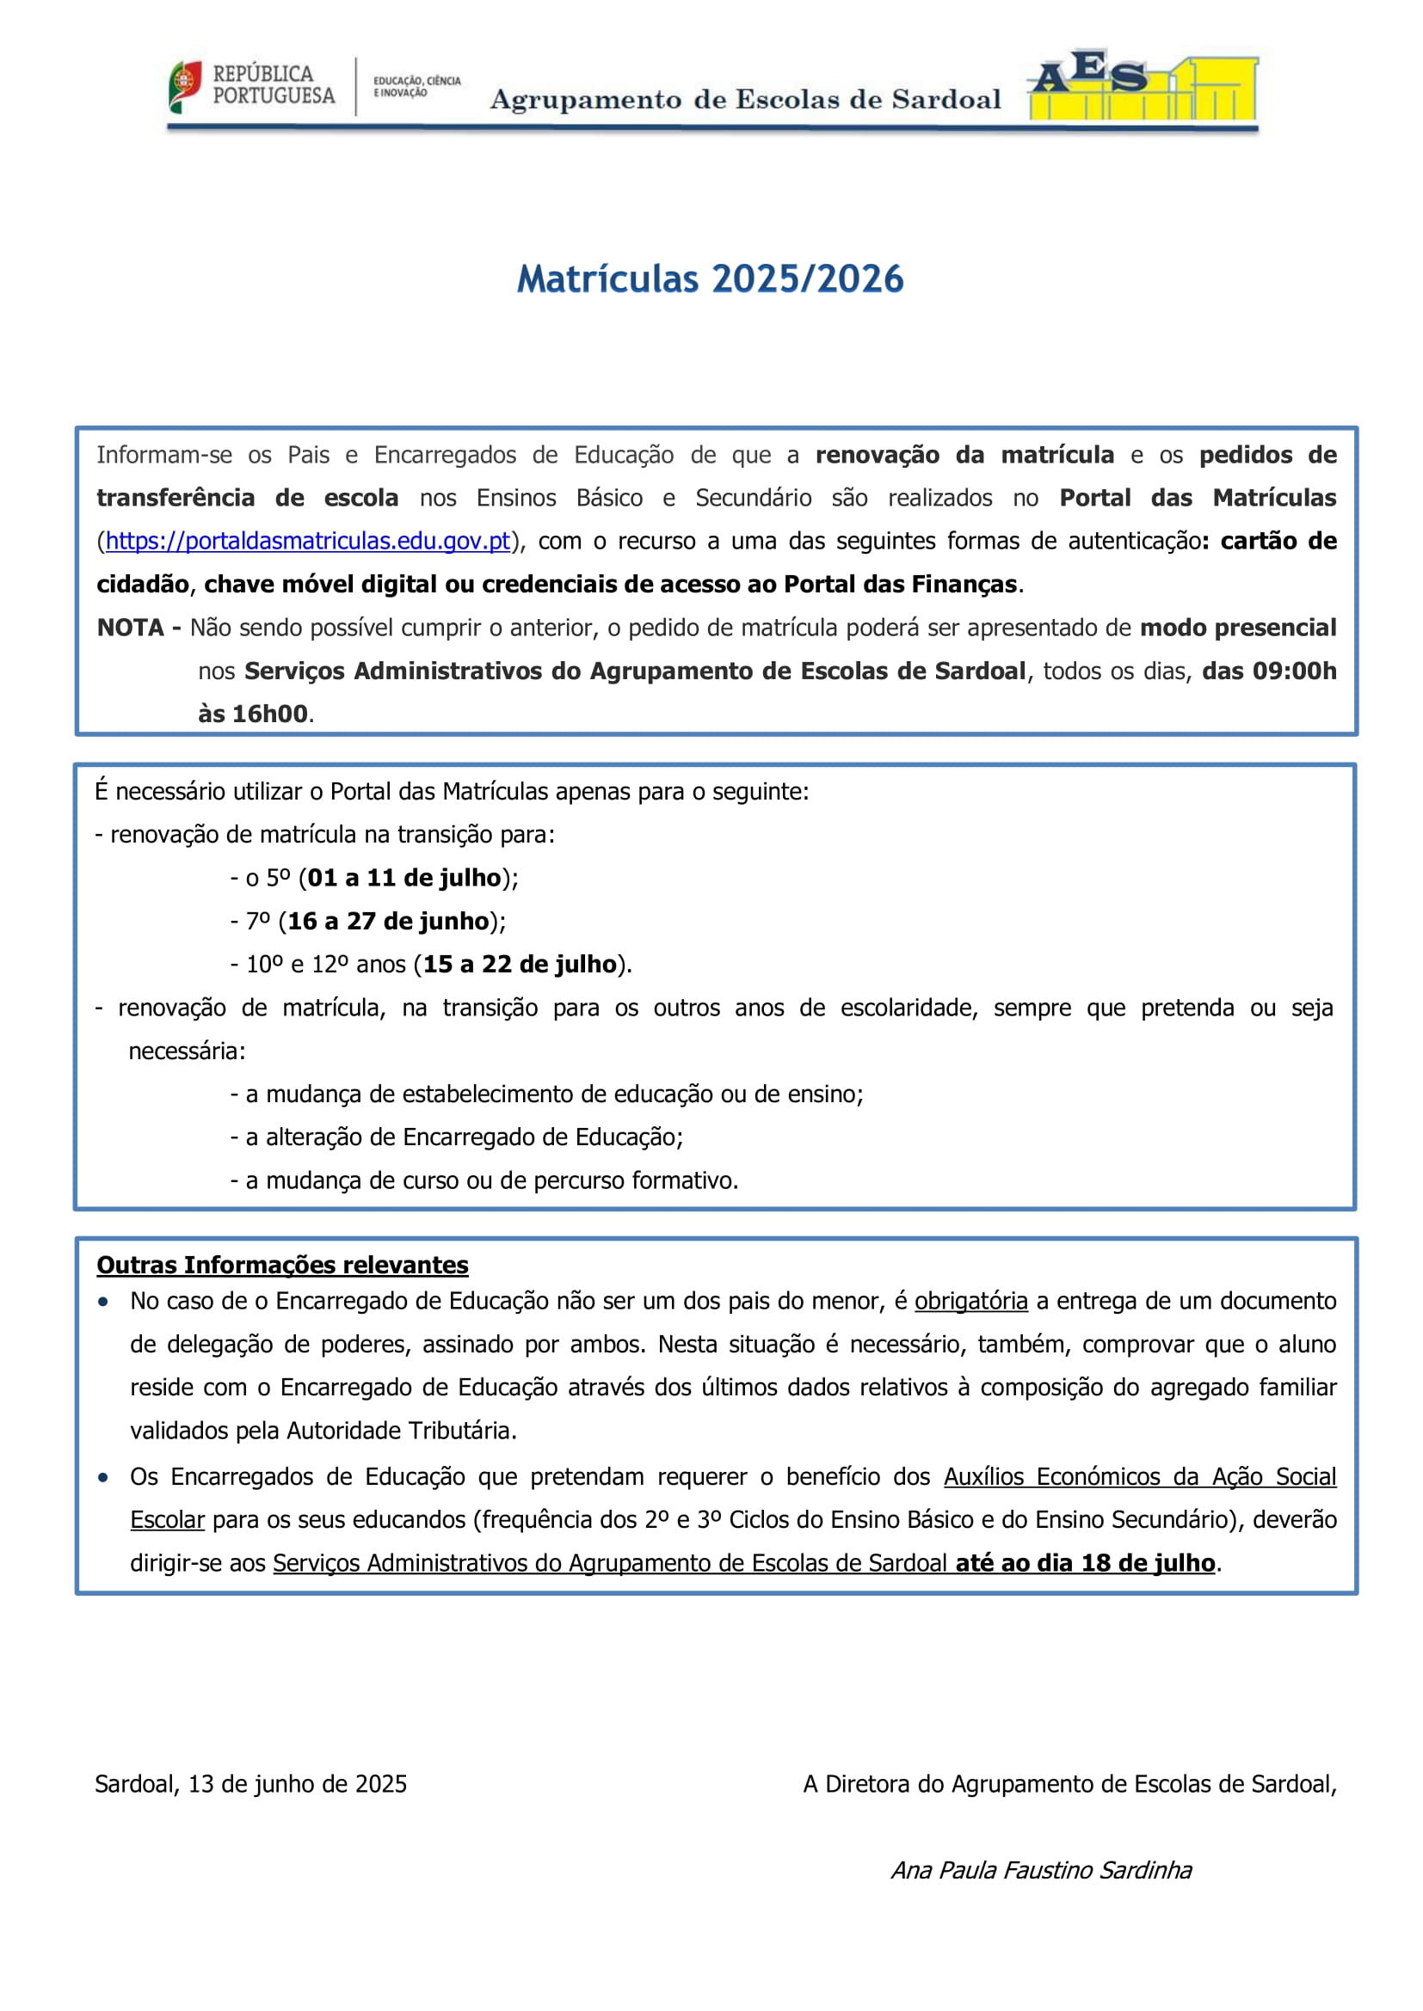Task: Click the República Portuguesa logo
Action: pyautogui.click(x=252, y=86)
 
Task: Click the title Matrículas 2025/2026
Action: pyautogui.click(x=710, y=279)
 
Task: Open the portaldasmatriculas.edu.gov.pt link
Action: pyautogui.click(x=307, y=542)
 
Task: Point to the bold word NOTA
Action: pyautogui.click(x=130, y=628)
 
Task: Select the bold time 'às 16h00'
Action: pyautogui.click(x=252, y=714)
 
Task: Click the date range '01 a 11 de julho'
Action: pyautogui.click(x=404, y=879)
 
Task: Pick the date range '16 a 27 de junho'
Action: pyautogui.click(x=388, y=922)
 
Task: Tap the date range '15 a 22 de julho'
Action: pyautogui.click(x=520, y=965)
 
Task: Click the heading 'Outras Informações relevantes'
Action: pyautogui.click(x=282, y=1266)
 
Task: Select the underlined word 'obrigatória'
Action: pyautogui.click(x=970, y=1302)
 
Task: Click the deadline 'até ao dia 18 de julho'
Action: pyautogui.click(x=1085, y=1563)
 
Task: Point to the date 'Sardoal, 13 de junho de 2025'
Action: pyautogui.click(x=250, y=1784)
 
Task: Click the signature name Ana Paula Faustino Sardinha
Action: pyautogui.click(x=1041, y=1870)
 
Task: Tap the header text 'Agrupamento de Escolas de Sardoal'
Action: pyautogui.click(x=745, y=100)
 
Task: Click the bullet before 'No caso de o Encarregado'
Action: pyautogui.click(x=103, y=1303)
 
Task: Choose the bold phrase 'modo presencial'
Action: pyautogui.click(x=1237, y=628)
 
